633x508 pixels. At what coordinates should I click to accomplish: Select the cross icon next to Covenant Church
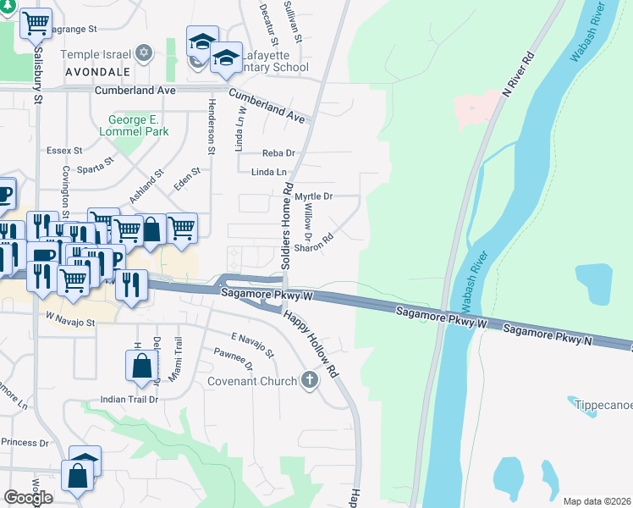[x=310, y=380]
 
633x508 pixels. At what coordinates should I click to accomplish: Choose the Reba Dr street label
[x=278, y=153]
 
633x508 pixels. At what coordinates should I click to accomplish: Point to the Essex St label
[x=64, y=151]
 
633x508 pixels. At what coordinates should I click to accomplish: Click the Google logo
[x=28, y=497]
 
